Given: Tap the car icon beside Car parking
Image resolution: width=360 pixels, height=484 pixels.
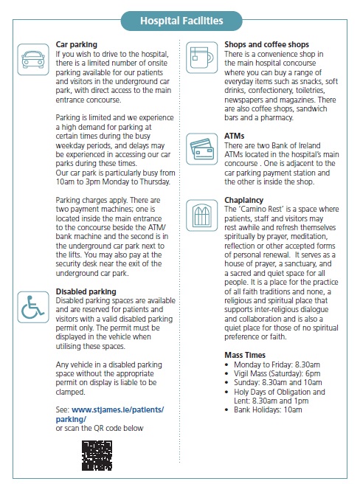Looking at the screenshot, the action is coord(33,57).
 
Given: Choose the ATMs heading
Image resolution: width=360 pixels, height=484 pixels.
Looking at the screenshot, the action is coord(234,136).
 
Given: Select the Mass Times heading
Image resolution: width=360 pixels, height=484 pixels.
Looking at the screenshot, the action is coord(246,355).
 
